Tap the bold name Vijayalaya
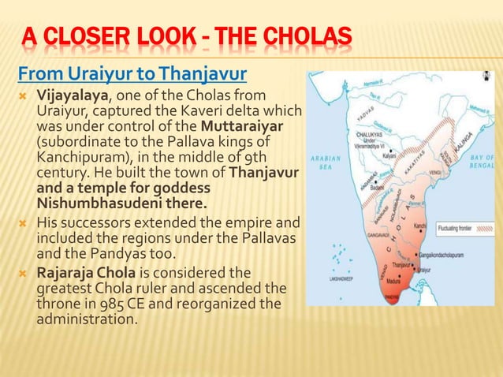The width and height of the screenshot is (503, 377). pyautogui.click(x=73, y=95)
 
